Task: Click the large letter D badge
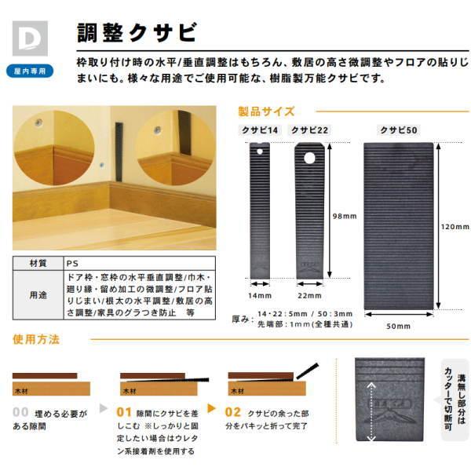pos(30,36)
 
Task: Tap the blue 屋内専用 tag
pos(30,70)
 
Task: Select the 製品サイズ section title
pos(267,111)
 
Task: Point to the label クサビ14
pos(260,130)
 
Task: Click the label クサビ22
pos(309,130)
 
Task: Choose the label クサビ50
pos(398,130)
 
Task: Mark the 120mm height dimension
pos(455,227)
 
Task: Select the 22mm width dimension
pos(309,295)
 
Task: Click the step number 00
pos(21,411)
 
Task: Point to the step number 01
pos(124,411)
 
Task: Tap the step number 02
pos(232,411)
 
